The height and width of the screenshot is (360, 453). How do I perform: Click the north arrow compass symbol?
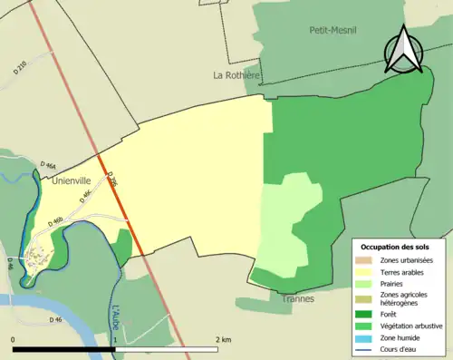pos(404,49)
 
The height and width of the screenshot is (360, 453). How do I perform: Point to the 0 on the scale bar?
pos(14,338)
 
